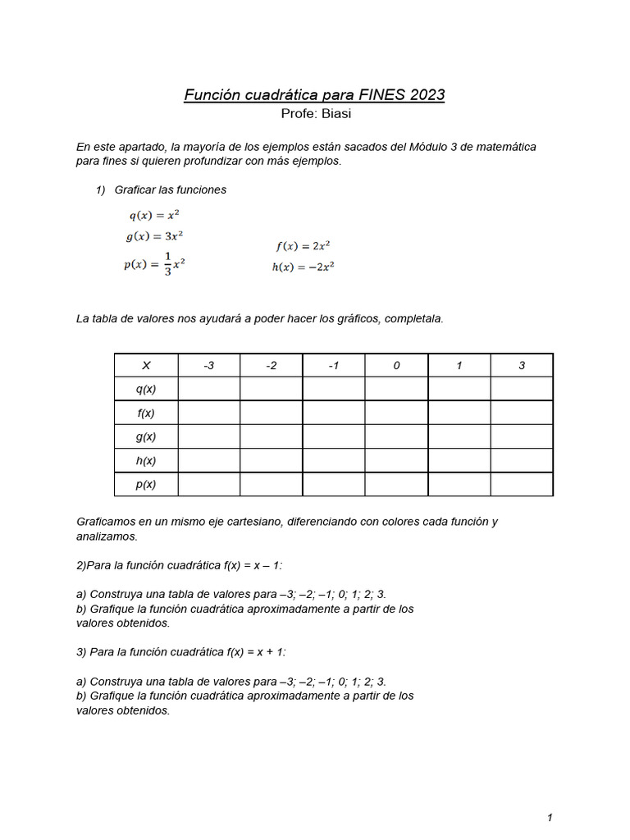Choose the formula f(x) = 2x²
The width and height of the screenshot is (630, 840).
[x=303, y=245]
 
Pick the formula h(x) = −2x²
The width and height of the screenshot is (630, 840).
[x=303, y=266]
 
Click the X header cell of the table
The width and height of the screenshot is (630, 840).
[x=146, y=366]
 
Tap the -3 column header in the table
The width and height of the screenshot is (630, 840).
[x=208, y=366]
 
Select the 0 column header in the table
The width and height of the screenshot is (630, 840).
[x=396, y=366]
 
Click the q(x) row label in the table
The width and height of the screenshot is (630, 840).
[x=146, y=389]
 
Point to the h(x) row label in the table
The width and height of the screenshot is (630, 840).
[x=146, y=461]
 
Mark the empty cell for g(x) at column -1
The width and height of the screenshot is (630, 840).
[x=334, y=436]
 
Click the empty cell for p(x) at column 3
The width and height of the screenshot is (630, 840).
[x=522, y=485]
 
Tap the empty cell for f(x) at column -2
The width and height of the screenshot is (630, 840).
[x=272, y=413]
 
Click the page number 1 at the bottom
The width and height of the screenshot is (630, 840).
[x=550, y=817]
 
